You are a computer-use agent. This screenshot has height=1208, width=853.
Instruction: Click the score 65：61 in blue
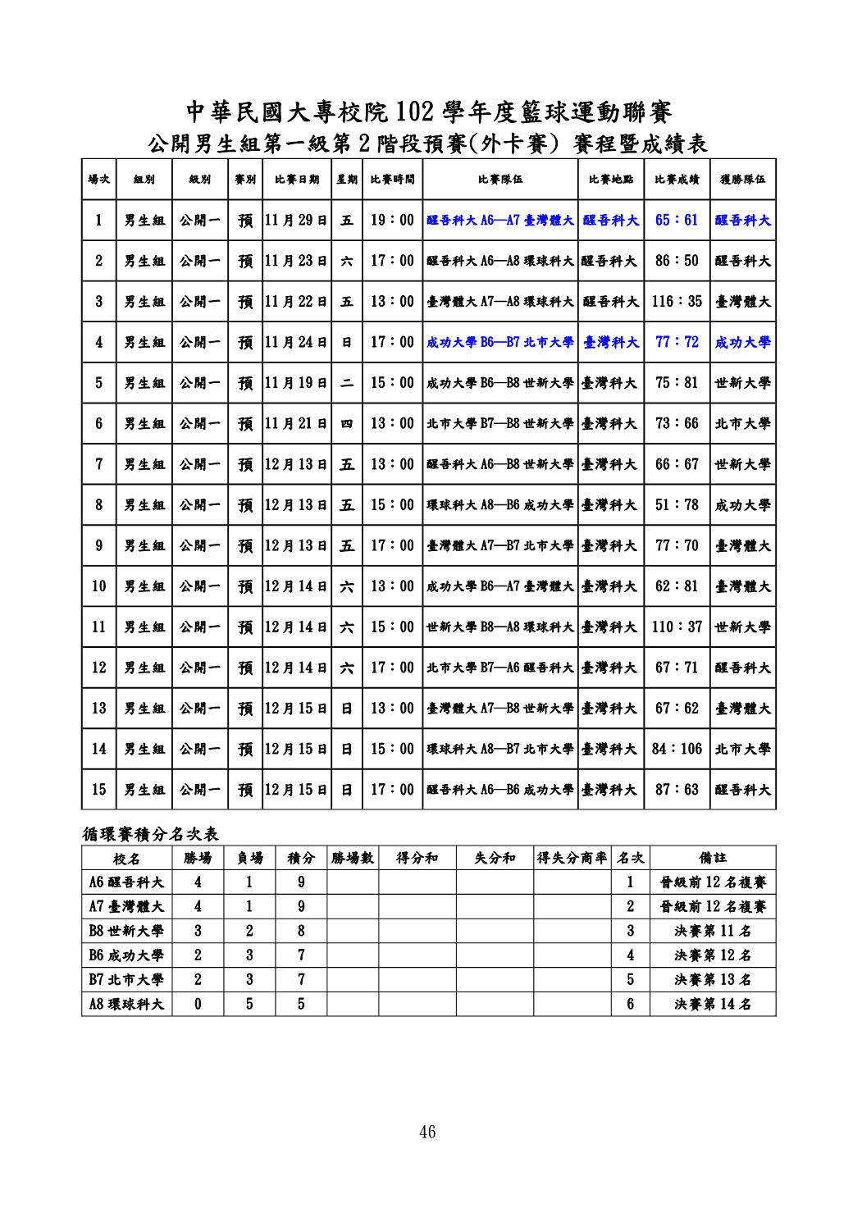[677, 220]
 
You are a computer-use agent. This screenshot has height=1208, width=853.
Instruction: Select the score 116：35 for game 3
[677, 302]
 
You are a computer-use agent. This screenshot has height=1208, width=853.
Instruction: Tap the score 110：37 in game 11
[677, 627]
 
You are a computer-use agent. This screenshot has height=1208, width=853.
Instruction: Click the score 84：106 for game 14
[677, 749]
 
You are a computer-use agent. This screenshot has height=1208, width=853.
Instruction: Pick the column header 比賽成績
[677, 179]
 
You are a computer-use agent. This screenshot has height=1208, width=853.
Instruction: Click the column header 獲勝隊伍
[743, 179]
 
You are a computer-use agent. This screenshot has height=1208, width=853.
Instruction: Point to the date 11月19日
[296, 383]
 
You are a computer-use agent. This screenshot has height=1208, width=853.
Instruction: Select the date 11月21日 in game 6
[296, 423]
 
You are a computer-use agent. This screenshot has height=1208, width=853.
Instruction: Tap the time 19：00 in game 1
[392, 220]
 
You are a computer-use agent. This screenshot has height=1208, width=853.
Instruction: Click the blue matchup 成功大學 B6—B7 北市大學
[500, 342]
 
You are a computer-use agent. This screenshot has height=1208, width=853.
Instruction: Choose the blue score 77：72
[677, 342]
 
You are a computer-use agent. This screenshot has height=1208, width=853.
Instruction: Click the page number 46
[427, 1132]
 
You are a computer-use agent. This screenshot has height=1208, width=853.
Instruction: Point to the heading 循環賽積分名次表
[150, 834]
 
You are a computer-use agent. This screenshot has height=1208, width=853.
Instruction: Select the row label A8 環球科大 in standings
[126, 1004]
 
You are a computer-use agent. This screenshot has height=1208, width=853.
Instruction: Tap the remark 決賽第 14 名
[713, 1004]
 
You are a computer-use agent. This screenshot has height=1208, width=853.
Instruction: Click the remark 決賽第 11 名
[713, 931]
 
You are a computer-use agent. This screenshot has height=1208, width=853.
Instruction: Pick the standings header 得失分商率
[572, 858]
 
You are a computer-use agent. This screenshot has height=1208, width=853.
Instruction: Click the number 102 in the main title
[415, 112]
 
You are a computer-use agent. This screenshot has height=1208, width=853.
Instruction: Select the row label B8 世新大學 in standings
[126, 931]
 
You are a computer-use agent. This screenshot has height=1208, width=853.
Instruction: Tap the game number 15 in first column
[99, 790]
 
